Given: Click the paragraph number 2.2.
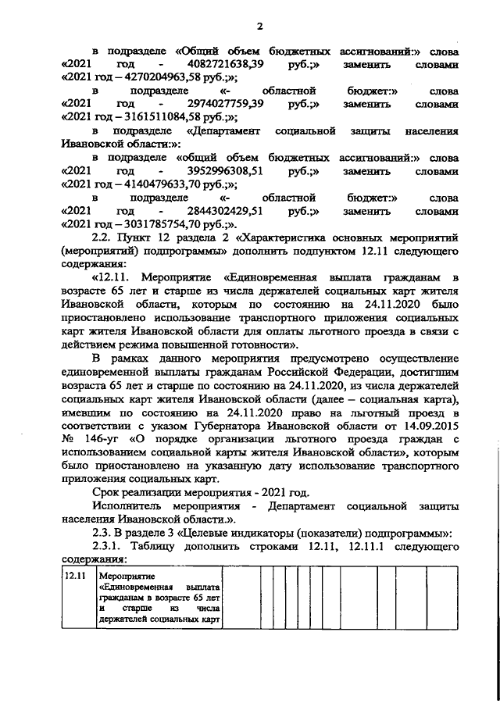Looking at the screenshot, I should [x=103, y=236].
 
